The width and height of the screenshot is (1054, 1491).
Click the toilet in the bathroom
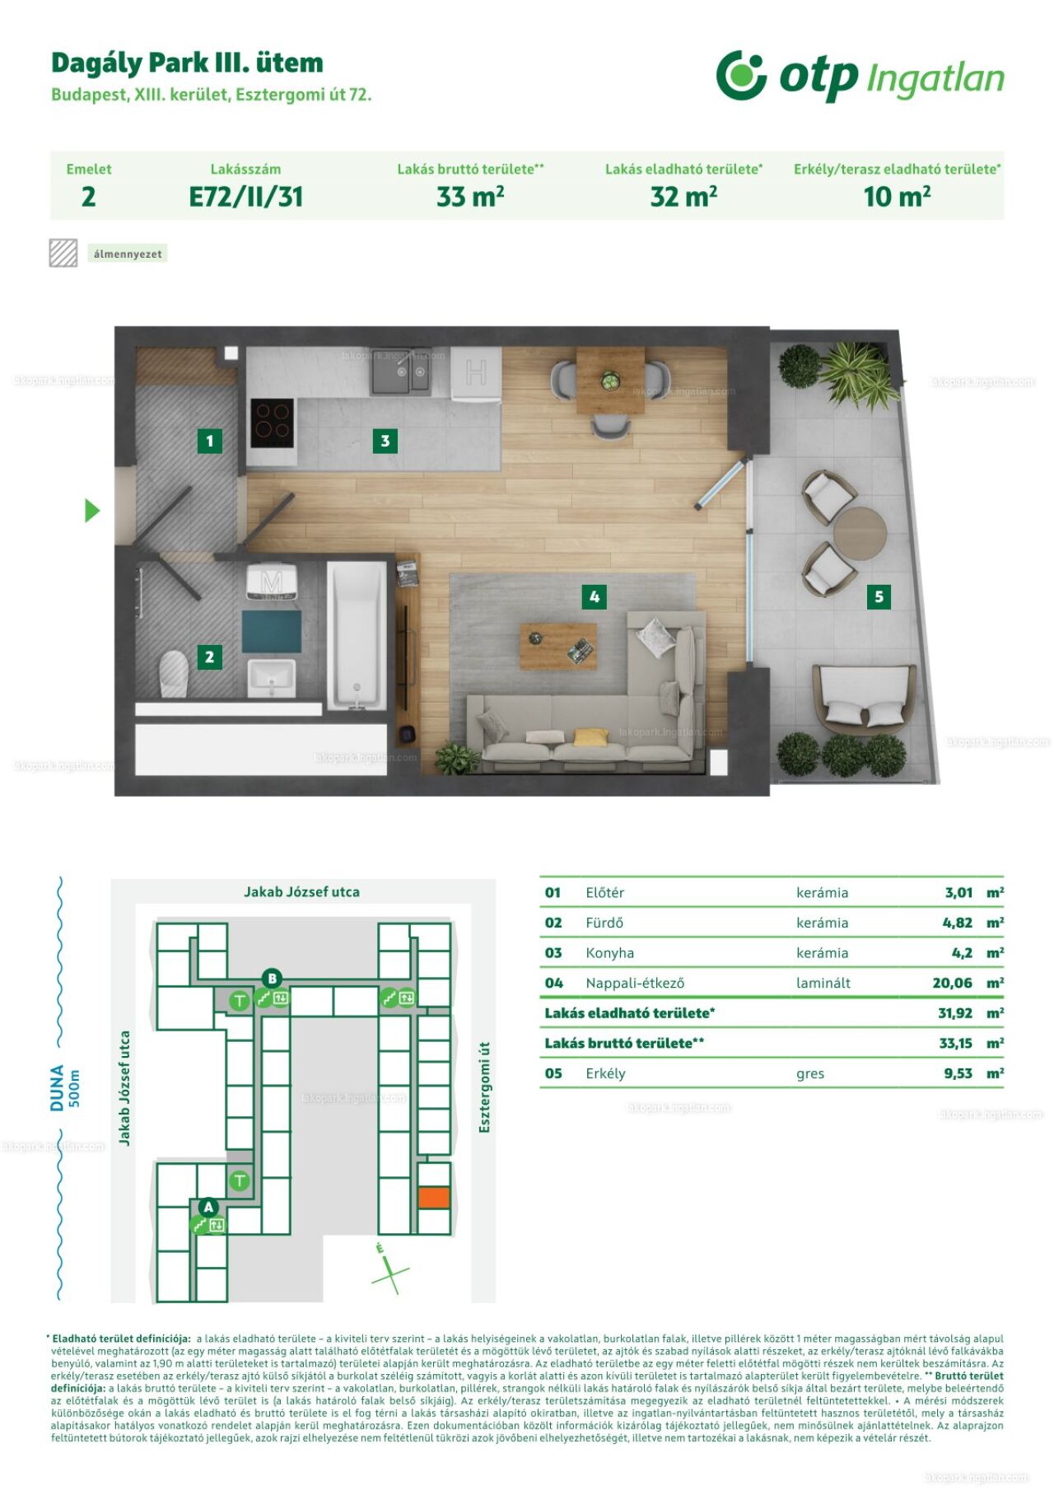(174, 673)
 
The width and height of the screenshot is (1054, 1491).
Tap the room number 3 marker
(385, 441)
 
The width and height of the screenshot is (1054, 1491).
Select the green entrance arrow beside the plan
(92, 511)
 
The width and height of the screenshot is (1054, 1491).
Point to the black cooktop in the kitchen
(272, 422)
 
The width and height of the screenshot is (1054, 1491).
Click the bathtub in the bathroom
(357, 635)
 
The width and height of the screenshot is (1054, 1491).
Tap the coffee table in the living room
(557, 646)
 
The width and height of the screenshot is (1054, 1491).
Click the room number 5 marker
(879, 596)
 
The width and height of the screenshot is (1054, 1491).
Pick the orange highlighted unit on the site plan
(434, 1197)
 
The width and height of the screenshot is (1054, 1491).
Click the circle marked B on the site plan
(272, 979)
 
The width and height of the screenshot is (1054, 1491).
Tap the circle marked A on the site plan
(208, 1208)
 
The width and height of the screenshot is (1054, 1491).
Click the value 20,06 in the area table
(952, 983)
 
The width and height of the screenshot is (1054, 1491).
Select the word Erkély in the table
(605, 1073)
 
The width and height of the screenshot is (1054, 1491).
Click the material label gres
(810, 1074)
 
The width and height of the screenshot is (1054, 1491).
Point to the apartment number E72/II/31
(246, 197)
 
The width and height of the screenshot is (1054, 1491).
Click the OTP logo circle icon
(741, 75)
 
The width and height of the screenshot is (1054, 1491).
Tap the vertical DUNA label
(57, 1087)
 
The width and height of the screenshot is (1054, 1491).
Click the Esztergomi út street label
(484, 1087)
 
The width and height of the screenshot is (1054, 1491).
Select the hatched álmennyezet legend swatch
(63, 253)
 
